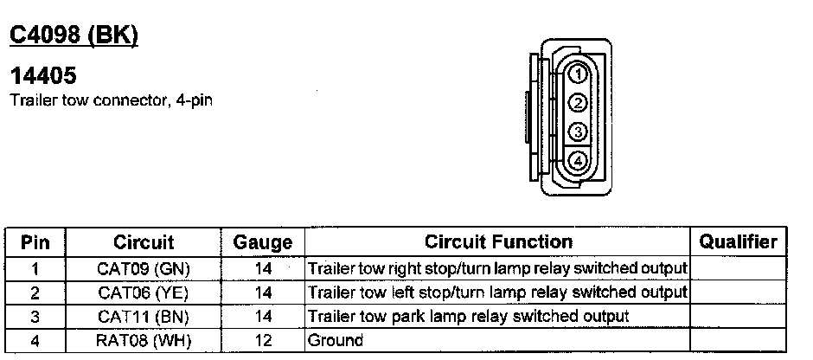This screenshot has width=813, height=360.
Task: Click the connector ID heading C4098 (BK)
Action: (x=73, y=35)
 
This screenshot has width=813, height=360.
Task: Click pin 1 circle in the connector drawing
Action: (x=577, y=75)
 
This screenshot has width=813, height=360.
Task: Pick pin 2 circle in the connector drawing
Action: (x=577, y=104)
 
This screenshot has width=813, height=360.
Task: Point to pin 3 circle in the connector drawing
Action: (x=577, y=132)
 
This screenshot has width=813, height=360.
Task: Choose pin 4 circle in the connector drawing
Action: (x=577, y=160)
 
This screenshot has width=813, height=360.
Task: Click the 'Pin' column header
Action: (x=35, y=242)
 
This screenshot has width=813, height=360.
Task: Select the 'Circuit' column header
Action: (x=144, y=242)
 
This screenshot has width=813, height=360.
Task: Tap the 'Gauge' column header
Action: (x=263, y=243)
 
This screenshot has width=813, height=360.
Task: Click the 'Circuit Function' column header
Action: (x=498, y=242)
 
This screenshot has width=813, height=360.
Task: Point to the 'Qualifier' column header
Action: (x=738, y=242)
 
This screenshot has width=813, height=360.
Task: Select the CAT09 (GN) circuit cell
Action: (x=144, y=268)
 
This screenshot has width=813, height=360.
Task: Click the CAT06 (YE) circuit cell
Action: (x=144, y=292)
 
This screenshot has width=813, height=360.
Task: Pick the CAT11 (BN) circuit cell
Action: (x=144, y=317)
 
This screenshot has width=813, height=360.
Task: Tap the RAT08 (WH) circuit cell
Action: (x=144, y=341)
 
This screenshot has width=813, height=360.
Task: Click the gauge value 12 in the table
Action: (x=263, y=341)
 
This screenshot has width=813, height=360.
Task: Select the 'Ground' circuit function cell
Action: (x=336, y=341)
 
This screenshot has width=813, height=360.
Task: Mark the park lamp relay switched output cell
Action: (x=468, y=317)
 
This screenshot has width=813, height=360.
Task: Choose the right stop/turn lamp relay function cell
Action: (x=497, y=268)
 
